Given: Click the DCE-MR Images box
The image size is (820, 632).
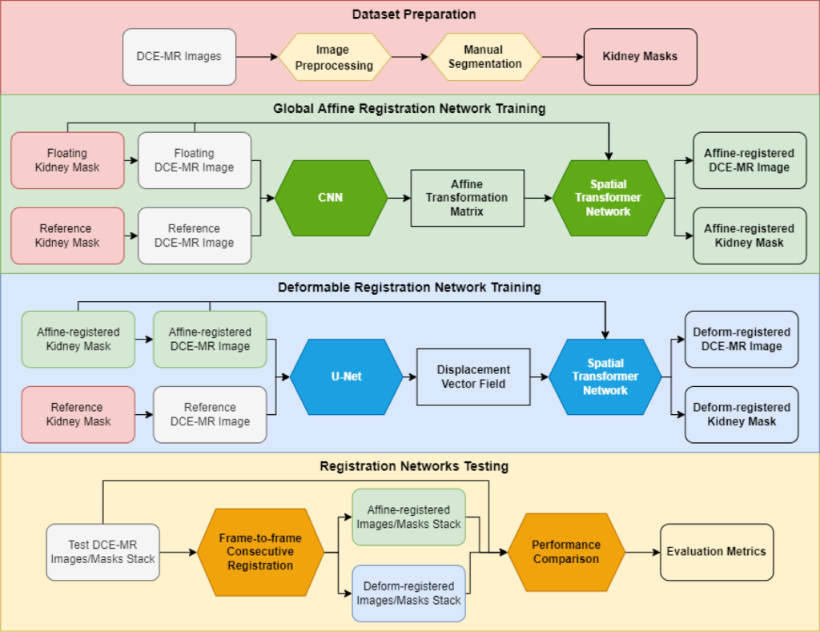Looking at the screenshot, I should tap(179, 57).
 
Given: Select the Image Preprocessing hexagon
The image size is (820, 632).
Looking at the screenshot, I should tap(334, 57).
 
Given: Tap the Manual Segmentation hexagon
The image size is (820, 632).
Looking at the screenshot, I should tap(484, 57).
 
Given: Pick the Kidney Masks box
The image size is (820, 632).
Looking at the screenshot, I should tap(640, 57).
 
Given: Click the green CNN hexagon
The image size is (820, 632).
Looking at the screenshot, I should tap(331, 198).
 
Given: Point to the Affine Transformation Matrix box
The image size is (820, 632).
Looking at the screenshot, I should tap(467, 198).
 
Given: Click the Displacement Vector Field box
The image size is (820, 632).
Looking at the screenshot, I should tap(473, 376).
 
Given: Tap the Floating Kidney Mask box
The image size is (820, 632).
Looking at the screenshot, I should tap(67, 160).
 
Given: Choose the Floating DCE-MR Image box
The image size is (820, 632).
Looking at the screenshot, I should tap(195, 160).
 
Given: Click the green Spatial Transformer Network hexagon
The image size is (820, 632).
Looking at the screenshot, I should tap(608, 198).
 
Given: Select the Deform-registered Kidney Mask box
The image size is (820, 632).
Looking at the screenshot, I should tap(742, 414).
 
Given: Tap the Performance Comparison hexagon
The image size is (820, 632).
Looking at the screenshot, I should tap(565, 551).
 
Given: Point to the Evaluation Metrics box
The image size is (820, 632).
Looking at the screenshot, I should tap(716, 552).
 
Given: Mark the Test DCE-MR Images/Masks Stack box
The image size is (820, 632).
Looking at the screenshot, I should tap(102, 552).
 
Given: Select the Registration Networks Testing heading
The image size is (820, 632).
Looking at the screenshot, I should tap(414, 465).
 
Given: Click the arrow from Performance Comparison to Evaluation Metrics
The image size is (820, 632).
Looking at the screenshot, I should tap(641, 552).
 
